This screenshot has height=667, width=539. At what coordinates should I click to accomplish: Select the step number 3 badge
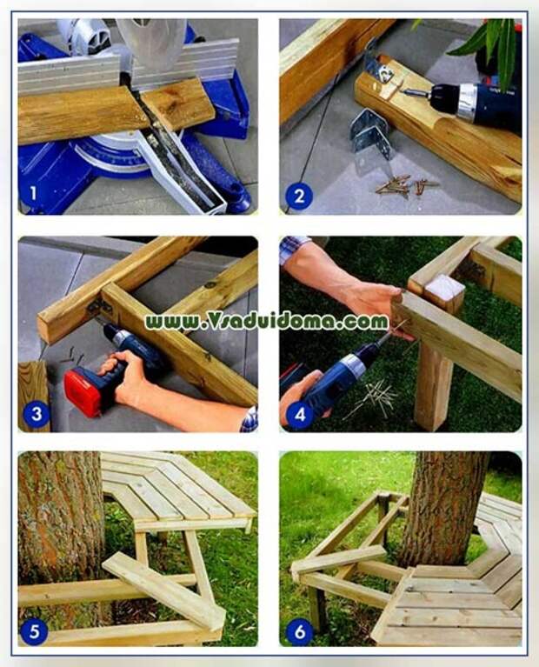tap(36, 414)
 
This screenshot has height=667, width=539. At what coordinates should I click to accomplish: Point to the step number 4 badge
tap(299, 414)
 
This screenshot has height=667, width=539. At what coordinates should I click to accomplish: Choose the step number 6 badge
tap(299, 630)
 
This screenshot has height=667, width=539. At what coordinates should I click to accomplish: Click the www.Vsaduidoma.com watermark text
tap(266, 322)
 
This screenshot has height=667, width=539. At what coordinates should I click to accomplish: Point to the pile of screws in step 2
tap(404, 184)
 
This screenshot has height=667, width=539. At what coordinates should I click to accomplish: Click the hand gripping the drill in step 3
tap(130, 378)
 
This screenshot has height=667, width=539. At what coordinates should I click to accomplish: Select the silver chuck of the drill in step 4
tap(355, 366)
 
